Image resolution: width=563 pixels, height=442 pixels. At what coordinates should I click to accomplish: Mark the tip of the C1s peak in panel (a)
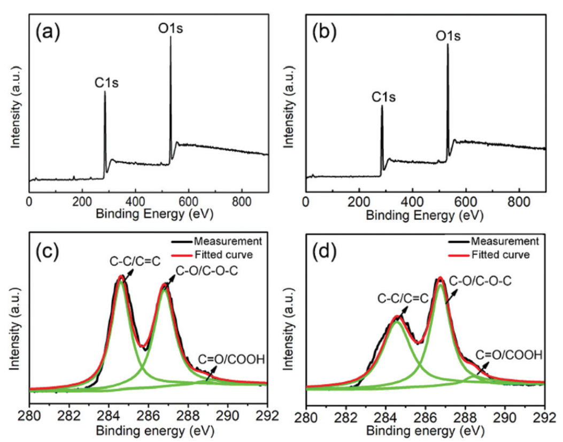[105, 92]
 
